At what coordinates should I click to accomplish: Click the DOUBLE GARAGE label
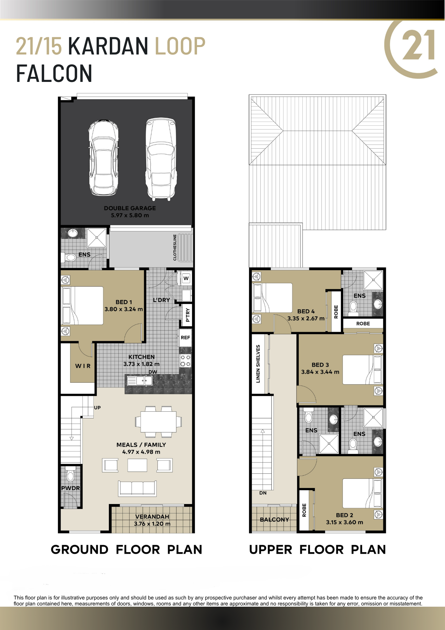[x=130, y=208]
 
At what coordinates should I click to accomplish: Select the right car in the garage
[x=161, y=159]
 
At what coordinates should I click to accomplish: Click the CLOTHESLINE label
[x=175, y=247]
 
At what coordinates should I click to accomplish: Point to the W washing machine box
[x=186, y=278]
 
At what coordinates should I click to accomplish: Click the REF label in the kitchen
[x=185, y=338]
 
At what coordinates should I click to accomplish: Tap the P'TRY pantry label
[x=188, y=315]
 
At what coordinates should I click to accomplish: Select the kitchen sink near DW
[x=139, y=381]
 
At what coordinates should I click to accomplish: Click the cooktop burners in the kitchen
[x=185, y=361]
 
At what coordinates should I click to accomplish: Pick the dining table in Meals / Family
[x=159, y=422]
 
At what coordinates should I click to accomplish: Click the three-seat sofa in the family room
[x=137, y=488]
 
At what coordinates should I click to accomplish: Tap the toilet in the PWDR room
[x=70, y=473]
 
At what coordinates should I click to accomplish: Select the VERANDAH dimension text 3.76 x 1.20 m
[x=152, y=524]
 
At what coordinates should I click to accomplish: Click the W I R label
[x=83, y=366]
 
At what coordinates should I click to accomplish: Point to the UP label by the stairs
[x=97, y=408]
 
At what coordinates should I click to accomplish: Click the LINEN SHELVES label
[x=258, y=364]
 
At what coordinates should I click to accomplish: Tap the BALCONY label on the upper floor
[x=274, y=519]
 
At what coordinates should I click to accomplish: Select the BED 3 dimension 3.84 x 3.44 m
[x=320, y=372]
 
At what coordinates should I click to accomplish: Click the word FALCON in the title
[x=54, y=74]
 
